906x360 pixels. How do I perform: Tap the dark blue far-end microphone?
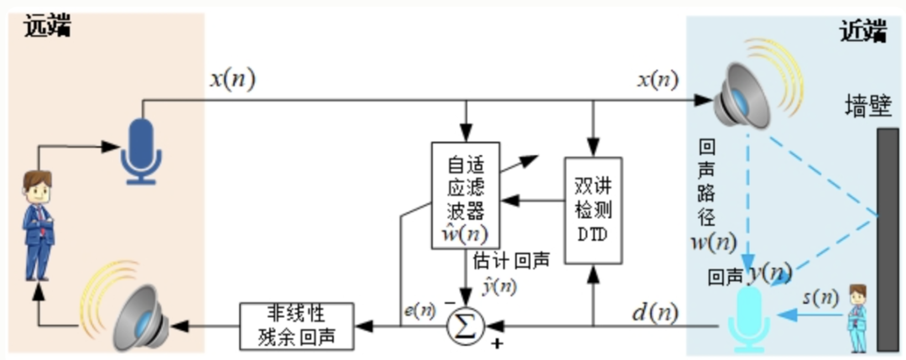coord(140,150)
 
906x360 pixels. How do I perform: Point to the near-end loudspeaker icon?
coord(740,97)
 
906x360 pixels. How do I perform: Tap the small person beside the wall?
coord(856,317)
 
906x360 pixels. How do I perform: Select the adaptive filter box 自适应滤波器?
coord(465,195)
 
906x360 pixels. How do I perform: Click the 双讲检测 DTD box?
coord(593,210)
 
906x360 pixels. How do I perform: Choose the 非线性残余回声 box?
coord(297,325)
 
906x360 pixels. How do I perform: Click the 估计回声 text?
coord(510,261)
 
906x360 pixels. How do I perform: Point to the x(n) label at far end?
coord(232,81)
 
